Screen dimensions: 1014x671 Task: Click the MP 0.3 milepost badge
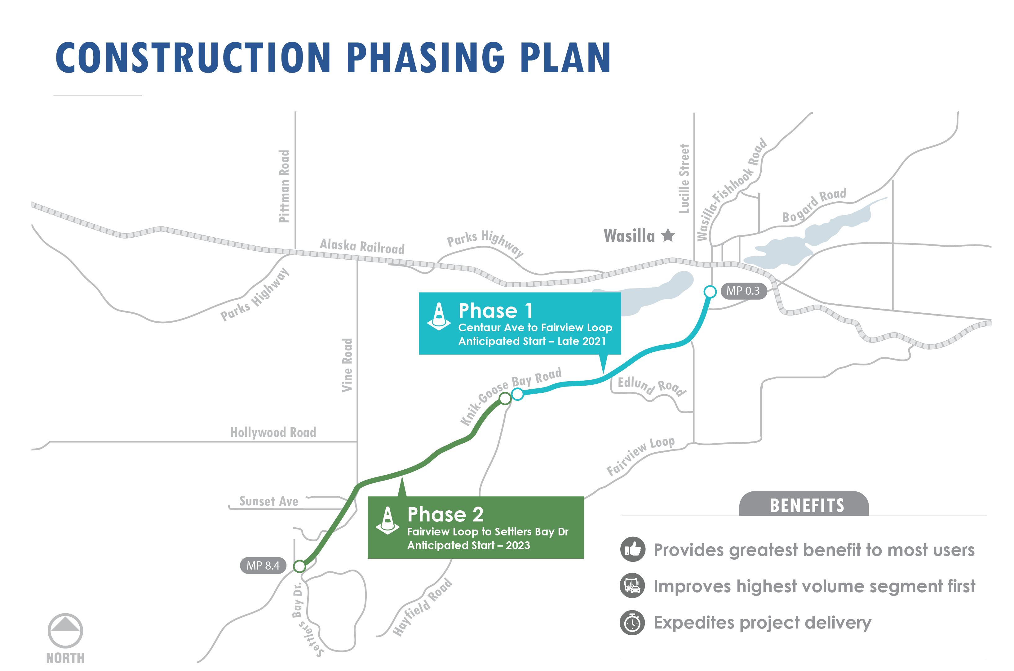click(x=743, y=291)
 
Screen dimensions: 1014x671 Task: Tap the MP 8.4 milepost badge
click(x=263, y=565)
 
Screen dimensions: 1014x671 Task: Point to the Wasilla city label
click(x=629, y=236)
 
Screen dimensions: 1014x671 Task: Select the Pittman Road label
click(x=284, y=186)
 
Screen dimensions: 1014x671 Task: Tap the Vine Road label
click(x=347, y=365)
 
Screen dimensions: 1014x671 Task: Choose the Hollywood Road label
click(x=273, y=432)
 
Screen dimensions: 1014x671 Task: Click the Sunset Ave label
click(x=268, y=501)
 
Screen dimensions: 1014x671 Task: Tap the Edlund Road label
click(x=652, y=386)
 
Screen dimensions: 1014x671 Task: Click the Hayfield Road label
click(x=423, y=607)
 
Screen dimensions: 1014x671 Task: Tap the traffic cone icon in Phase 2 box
click(x=387, y=520)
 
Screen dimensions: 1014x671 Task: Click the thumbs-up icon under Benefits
click(x=632, y=549)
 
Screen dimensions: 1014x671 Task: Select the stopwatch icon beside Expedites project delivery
click(x=632, y=623)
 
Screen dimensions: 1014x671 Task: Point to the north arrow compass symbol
click(x=65, y=630)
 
